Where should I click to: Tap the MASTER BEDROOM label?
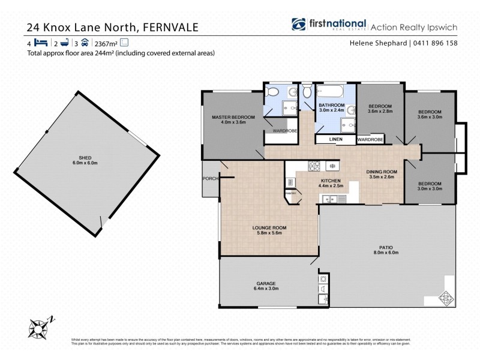(233, 116)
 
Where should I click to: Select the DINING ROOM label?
(381, 172)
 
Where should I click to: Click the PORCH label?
(209, 178)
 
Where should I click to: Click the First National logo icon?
(299, 25)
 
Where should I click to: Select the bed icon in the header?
(41, 43)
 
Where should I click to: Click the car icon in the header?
(85, 43)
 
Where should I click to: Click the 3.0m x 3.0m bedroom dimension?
(430, 188)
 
